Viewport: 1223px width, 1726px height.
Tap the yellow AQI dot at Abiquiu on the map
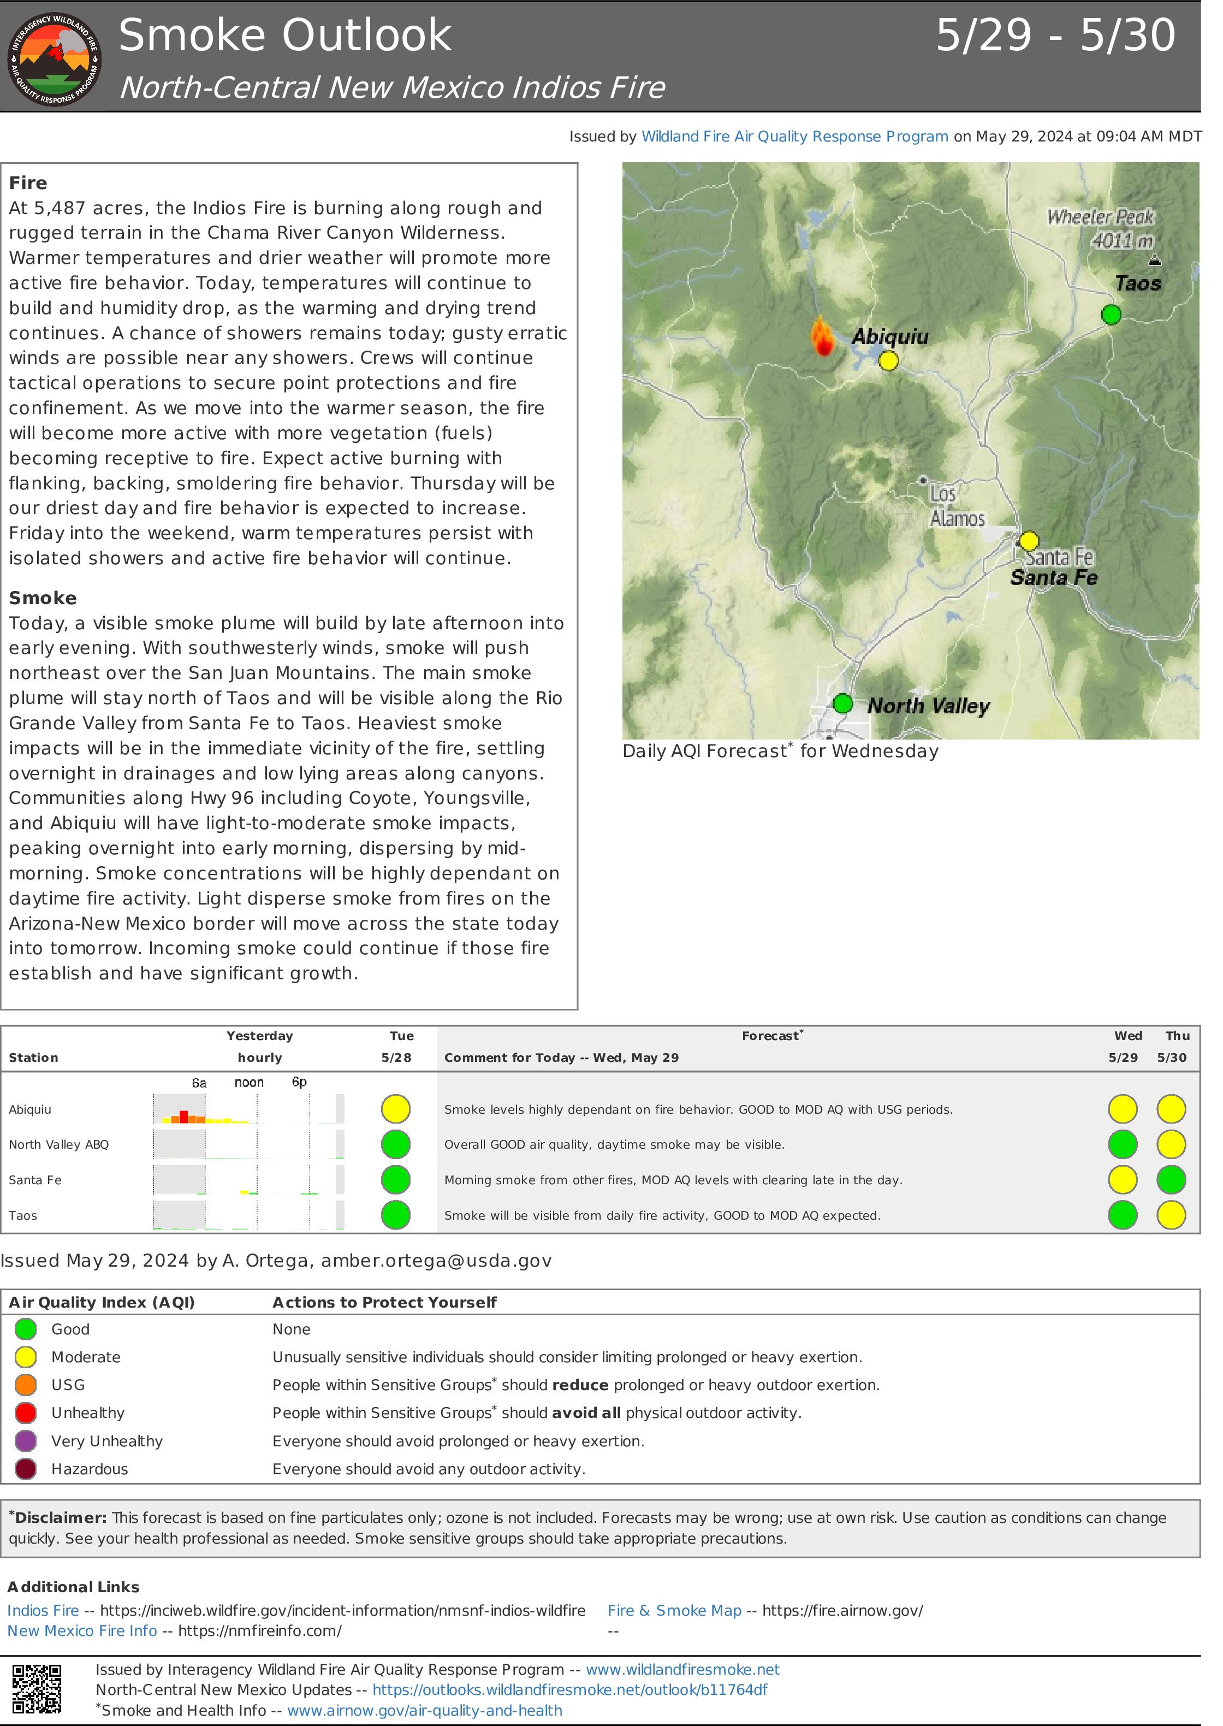pos(889,361)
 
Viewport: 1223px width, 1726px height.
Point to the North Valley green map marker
pos(842,704)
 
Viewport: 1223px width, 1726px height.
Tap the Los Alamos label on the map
pos(955,506)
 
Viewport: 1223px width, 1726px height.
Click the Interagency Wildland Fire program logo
pos(54,58)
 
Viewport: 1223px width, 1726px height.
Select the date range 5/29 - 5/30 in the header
pos(1055,36)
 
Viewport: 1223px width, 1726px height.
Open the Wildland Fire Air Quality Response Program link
pos(794,137)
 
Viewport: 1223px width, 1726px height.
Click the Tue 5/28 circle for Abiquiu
pos(395,1109)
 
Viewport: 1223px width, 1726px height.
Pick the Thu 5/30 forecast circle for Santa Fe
pos(1171,1180)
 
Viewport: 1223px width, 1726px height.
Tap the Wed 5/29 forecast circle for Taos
pos(1122,1215)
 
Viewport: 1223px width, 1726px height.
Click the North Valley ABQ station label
pos(59,1144)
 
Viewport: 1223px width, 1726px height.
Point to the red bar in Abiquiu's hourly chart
pos(184,1116)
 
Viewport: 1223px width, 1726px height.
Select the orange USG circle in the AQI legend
pos(26,1385)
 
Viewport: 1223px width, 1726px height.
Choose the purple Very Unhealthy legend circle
pos(26,1441)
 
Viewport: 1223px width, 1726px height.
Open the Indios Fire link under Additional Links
pos(43,1610)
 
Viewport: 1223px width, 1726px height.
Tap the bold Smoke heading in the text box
pos(43,598)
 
